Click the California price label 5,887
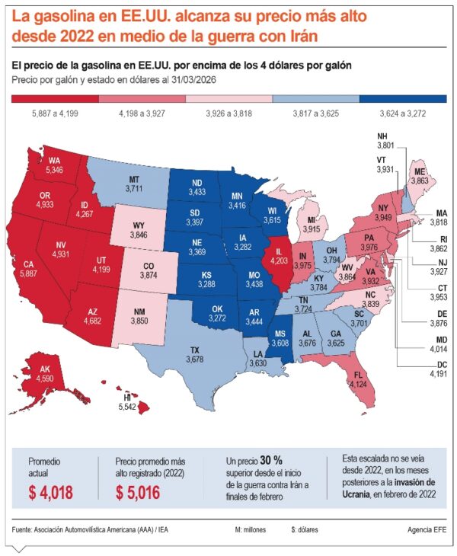pos(28,273)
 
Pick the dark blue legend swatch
pos(402,98)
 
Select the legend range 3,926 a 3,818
pos(228,113)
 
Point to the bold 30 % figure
pos(271,461)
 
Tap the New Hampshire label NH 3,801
pos(386,141)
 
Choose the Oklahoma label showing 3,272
pos(219,312)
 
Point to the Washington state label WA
pos(54,161)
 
